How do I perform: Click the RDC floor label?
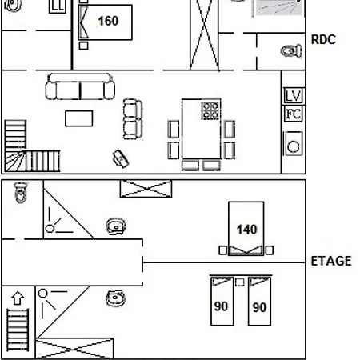[323, 40]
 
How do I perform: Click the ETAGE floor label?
[331, 261]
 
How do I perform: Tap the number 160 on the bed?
[108, 21]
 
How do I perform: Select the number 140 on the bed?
[247, 230]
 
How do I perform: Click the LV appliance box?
[293, 95]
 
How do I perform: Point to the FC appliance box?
[293, 114]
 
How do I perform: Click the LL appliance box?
[58, 6]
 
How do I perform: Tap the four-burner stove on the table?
[210, 110]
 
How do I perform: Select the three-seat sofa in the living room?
[80, 86]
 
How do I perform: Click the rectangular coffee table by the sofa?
[79, 118]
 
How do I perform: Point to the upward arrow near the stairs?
[18, 298]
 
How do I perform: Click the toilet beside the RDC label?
[291, 51]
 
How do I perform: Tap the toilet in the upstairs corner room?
[21, 193]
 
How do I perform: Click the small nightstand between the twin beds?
[240, 282]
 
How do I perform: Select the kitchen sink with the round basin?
[293, 143]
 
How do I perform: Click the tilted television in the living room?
[121, 158]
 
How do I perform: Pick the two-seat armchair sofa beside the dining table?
[133, 119]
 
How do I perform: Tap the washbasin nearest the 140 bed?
[116, 226]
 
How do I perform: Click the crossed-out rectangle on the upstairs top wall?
[146, 189]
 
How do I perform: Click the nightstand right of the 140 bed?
[270, 250]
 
